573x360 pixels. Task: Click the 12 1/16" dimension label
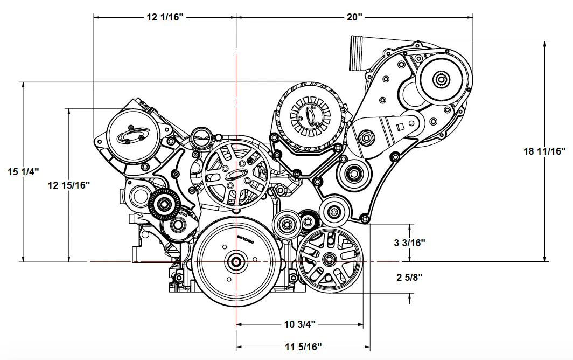(165, 17)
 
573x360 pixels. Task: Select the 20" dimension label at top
(354, 17)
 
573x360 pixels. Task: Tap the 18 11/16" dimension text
(545, 151)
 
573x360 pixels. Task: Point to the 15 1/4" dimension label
(24, 172)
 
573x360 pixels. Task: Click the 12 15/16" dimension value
(68, 185)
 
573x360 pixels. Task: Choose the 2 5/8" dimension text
(410, 278)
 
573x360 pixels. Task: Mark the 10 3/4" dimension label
(299, 324)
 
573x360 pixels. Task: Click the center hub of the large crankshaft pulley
(236, 261)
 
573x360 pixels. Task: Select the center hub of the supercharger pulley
(442, 80)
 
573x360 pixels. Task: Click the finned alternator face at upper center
(309, 115)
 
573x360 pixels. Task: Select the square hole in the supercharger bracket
(400, 127)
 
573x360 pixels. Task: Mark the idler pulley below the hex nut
(354, 174)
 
